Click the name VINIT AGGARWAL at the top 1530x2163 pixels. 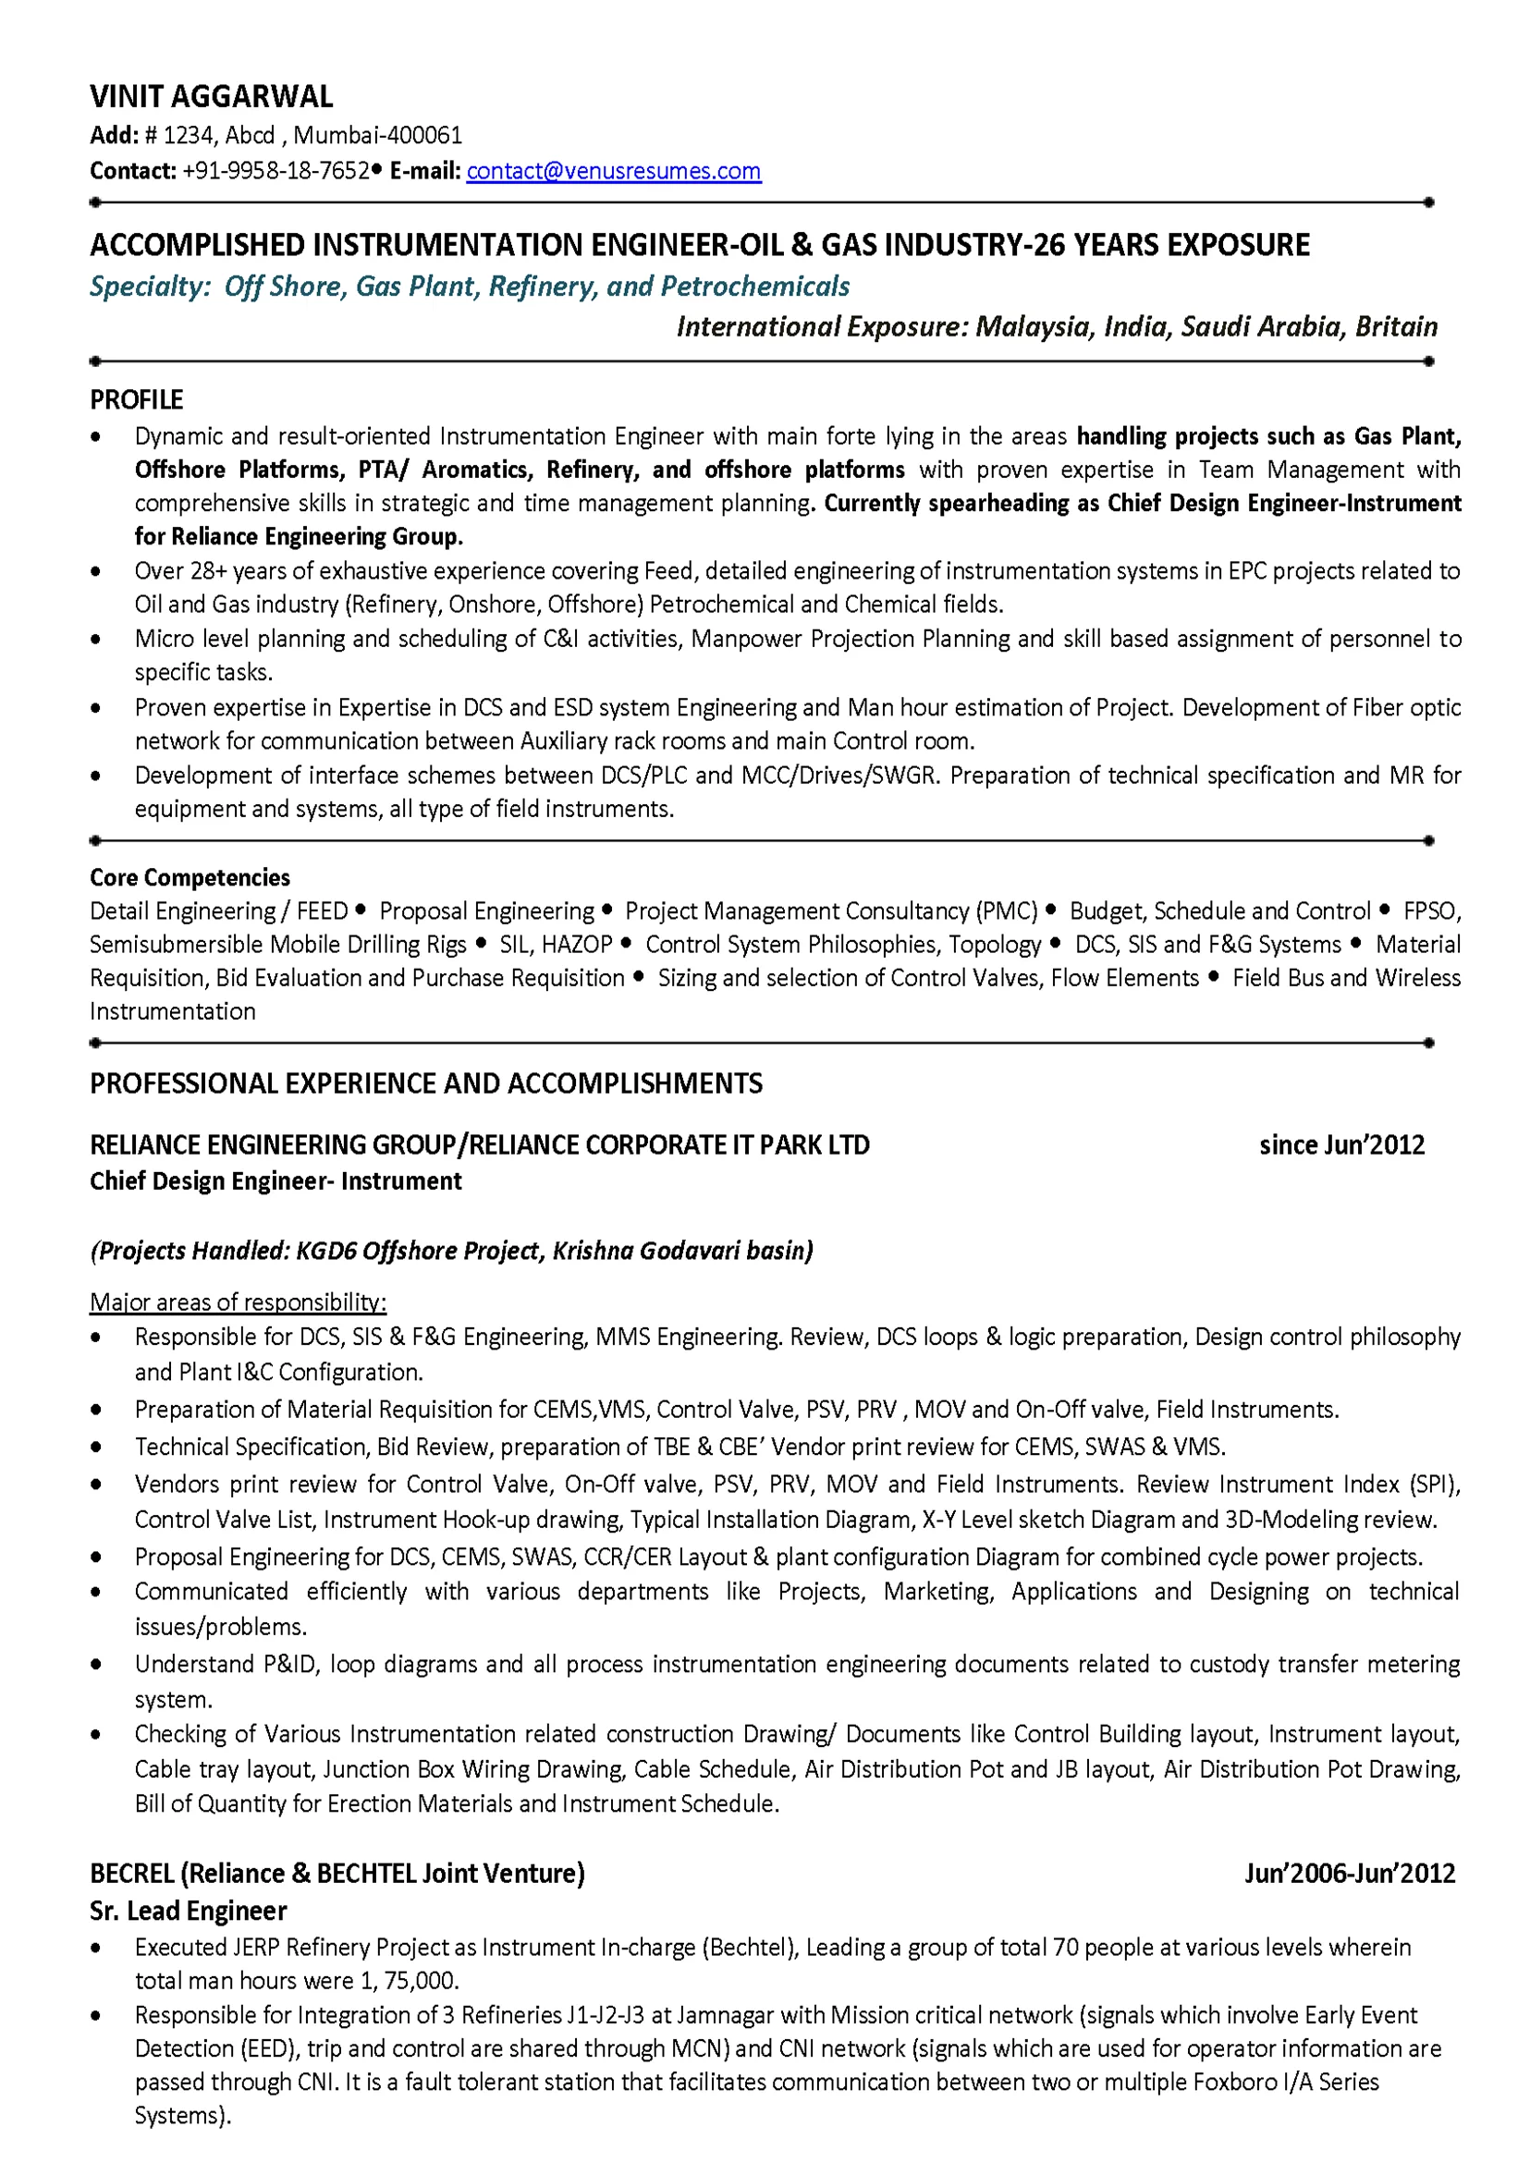tap(211, 97)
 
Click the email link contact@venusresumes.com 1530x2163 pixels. tap(613, 171)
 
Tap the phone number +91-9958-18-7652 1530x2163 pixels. tap(275, 171)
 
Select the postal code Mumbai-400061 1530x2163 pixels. tap(378, 136)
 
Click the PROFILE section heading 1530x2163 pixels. tap(137, 400)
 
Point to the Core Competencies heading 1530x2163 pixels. tap(190, 878)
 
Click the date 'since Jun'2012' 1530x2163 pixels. tap(1341, 1145)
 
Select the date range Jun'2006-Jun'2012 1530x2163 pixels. tap(1349, 1874)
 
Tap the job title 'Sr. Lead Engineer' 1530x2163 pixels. tap(189, 1912)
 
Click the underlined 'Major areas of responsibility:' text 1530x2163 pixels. tap(238, 1303)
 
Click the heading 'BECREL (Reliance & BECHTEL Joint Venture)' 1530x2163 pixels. tap(337, 1874)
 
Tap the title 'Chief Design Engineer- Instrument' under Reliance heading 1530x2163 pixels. tap(275, 1182)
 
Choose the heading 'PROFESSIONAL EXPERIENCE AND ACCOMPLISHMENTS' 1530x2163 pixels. tap(426, 1084)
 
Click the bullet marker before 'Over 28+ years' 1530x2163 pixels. tap(96, 572)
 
